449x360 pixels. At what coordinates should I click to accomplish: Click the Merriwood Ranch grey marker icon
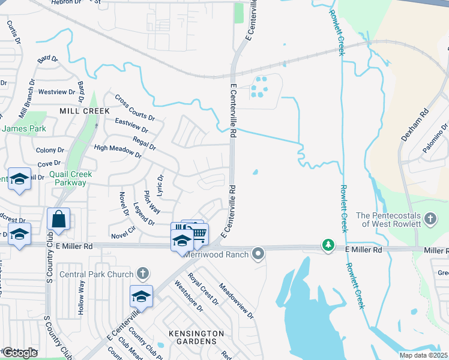258,254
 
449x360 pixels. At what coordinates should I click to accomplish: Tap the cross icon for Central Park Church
142,274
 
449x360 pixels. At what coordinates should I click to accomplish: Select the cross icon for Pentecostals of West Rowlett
430,219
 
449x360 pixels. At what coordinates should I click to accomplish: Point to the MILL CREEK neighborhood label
84,111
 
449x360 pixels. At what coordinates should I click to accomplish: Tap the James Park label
24,128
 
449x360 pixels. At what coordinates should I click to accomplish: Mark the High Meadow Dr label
117,151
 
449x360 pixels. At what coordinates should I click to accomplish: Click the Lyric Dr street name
160,187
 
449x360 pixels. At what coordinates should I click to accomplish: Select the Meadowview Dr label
236,301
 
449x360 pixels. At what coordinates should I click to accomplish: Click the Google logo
20,353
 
